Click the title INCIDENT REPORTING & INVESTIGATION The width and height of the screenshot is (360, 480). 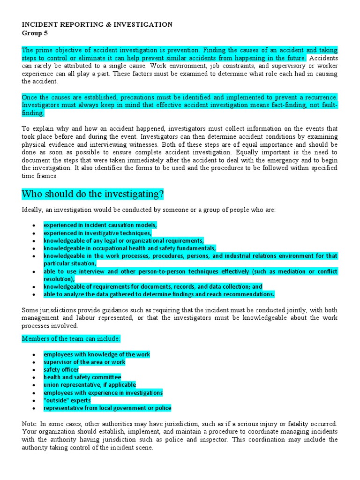pyautogui.click(x=97, y=24)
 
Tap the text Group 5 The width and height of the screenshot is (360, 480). pyautogui.click(x=35, y=33)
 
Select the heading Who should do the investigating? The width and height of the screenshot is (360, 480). pyautogui.click(x=92, y=194)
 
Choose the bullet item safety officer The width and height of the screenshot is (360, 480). pyautogui.click(x=61, y=369)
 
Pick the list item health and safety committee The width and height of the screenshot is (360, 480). pyautogui.click(x=82, y=377)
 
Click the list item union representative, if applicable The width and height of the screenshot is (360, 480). pyautogui.click(x=90, y=385)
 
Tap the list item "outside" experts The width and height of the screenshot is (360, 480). pyautogui.click(x=67, y=400)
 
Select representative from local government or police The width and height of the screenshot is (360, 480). pyautogui.click(x=107, y=408)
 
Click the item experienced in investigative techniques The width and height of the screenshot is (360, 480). pyautogui.click(x=97, y=233)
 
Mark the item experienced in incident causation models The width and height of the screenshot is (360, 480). pyautogui.click(x=100, y=225)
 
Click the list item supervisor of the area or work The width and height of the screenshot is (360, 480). pyautogui.click(x=84, y=362)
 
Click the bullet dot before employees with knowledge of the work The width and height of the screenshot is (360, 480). pyautogui.click(x=34, y=355)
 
